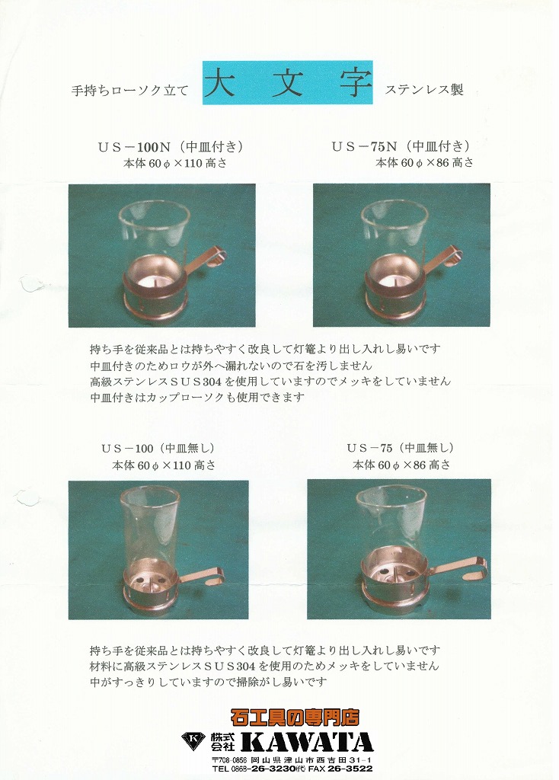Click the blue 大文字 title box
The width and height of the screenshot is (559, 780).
(x=287, y=82)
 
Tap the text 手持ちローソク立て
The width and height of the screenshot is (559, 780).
(x=129, y=90)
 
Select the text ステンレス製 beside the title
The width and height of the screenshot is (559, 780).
(x=424, y=90)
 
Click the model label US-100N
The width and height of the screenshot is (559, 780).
(x=134, y=147)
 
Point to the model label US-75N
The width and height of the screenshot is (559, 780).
(x=365, y=147)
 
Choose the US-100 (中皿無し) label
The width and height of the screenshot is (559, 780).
(x=158, y=448)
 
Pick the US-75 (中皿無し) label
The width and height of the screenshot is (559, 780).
(x=400, y=448)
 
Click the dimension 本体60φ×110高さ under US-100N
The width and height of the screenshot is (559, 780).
(x=174, y=163)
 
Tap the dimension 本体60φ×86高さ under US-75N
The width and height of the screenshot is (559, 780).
(x=424, y=163)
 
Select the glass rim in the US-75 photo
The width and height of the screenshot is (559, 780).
(x=391, y=494)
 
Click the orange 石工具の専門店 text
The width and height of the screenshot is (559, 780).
(x=295, y=717)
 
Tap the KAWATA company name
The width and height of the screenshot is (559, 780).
(x=307, y=742)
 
